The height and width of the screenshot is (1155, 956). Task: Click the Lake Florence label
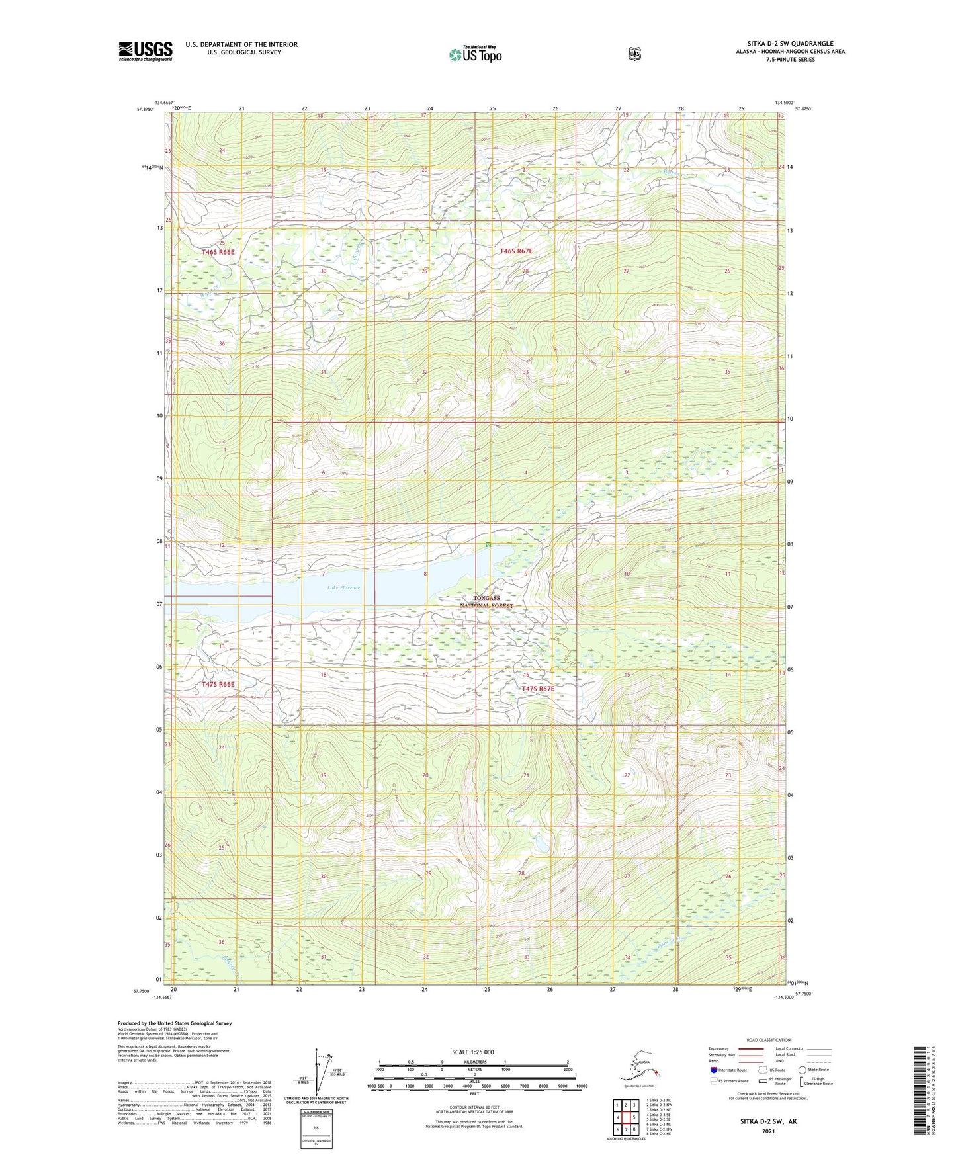[343, 587]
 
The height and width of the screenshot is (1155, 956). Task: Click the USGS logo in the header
[146, 51]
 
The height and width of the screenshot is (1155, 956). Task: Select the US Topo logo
[475, 54]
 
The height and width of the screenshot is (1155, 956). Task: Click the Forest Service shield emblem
[634, 54]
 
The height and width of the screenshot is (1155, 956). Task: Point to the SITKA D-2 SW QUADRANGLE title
[790, 44]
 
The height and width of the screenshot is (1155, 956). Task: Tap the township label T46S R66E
[218, 252]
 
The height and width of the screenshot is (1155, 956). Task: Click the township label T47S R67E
[538, 689]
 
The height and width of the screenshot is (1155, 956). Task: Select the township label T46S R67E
[516, 251]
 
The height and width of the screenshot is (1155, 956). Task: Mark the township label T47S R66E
[218, 684]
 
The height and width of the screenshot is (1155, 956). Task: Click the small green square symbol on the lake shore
[488, 545]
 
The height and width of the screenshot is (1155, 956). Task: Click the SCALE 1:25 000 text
[472, 1052]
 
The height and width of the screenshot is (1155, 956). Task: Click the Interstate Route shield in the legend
[714, 1070]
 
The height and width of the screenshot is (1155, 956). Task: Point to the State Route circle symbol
[802, 1070]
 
